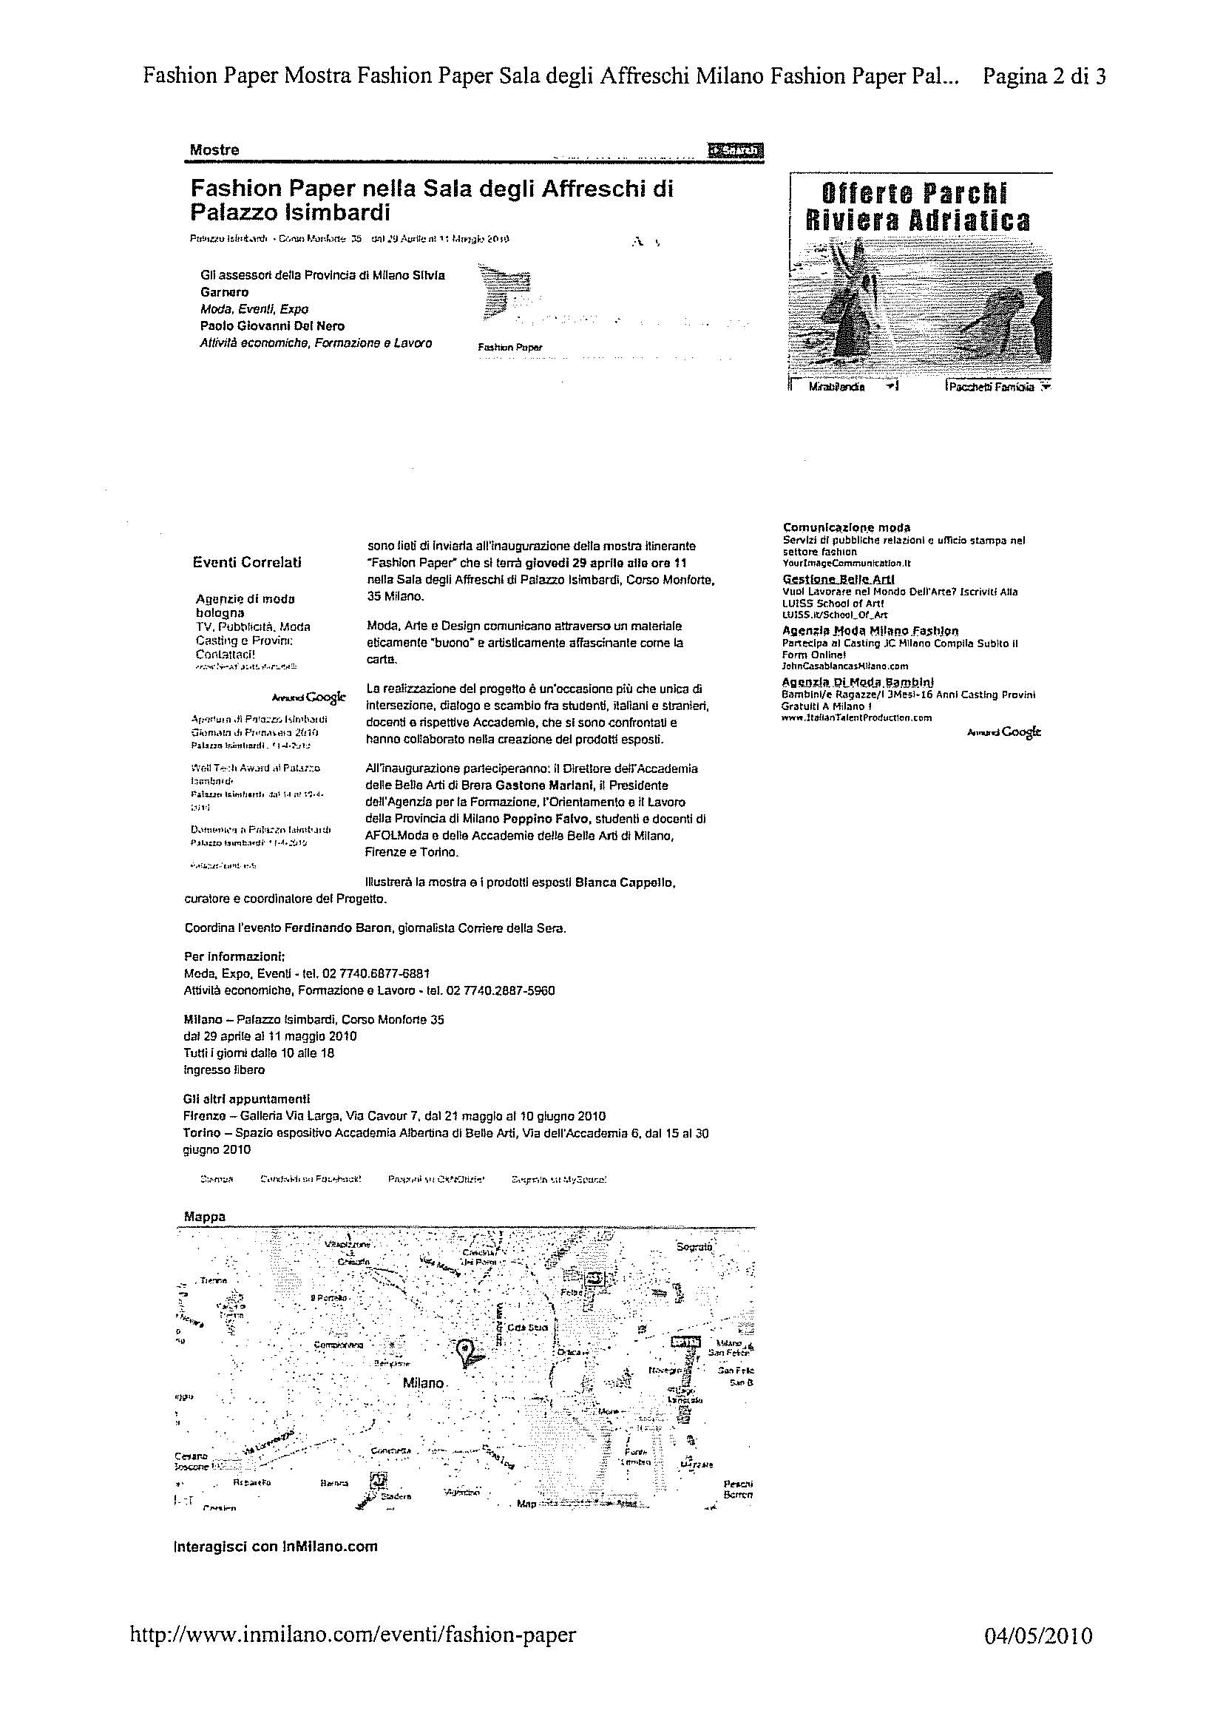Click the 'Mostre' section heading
tap(214, 150)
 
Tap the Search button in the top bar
tap(735, 151)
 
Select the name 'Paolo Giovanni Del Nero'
tap(273, 326)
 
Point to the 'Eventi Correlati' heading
tap(247, 562)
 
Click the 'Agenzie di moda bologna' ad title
tap(245, 606)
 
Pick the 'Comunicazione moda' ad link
tap(847, 527)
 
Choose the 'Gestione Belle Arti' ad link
tap(839, 578)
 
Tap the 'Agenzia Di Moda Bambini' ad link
tap(858, 682)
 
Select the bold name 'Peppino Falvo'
tap(532, 818)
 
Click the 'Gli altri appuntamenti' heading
tap(246, 1099)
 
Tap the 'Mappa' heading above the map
tap(205, 1216)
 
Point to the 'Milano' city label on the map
tap(423, 1382)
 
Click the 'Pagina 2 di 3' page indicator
tap(1045, 76)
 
